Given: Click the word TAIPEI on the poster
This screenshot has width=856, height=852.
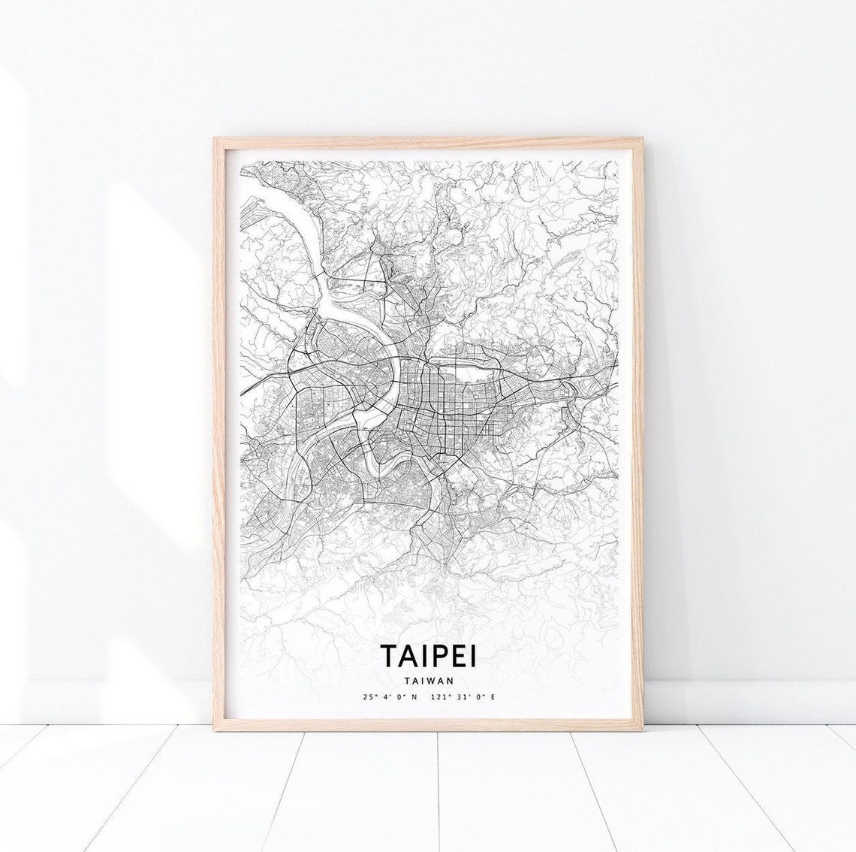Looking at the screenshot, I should point(428,655).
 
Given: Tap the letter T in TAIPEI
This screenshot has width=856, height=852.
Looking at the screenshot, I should point(389,655).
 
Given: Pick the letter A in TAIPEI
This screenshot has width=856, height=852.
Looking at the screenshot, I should point(409,655).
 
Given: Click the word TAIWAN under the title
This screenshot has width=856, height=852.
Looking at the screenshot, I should point(428,681).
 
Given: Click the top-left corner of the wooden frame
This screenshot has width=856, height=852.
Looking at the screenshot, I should point(216,140).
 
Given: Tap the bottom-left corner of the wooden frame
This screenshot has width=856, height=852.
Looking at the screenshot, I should point(216,730).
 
